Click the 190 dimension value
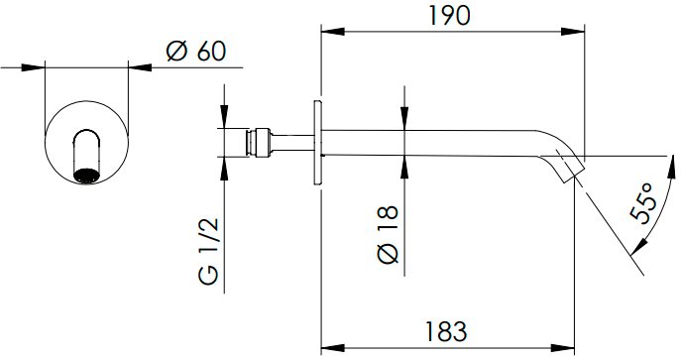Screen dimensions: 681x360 pyautogui.click(x=449, y=16)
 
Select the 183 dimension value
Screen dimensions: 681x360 pyautogui.click(x=446, y=332)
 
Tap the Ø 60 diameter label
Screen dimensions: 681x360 pyautogui.click(x=196, y=52)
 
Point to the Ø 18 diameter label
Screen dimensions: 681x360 pyautogui.click(x=389, y=234)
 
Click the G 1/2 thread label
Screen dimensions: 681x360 pyautogui.click(x=209, y=252)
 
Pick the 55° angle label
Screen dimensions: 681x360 pyautogui.click(x=642, y=202)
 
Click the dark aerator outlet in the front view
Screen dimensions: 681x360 pyautogui.click(x=87, y=176)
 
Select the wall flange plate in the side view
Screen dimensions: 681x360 pyautogui.click(x=317, y=143)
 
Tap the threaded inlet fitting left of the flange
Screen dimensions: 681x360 pyautogui.click(x=259, y=143)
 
